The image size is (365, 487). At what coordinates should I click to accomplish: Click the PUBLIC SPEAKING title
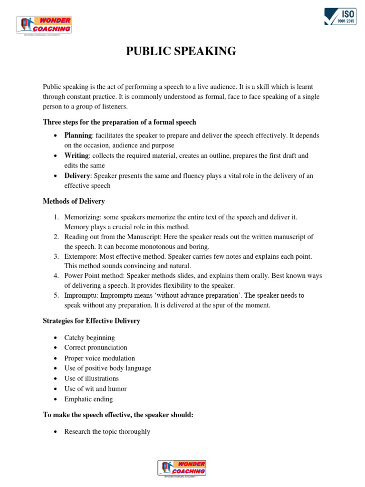pyautogui.click(x=181, y=51)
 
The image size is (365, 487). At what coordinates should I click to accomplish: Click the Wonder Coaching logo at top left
pyautogui.click(x=44, y=25)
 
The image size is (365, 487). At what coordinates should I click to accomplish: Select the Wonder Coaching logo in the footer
pyautogui.click(x=182, y=468)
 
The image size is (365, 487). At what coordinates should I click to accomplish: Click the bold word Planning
pyautogui.click(x=77, y=136)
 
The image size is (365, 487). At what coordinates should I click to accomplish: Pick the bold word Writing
pyautogui.click(x=76, y=156)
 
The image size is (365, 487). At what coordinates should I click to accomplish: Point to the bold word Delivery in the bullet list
pyautogui.click(x=77, y=176)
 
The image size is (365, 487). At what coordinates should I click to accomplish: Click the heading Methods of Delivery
pyautogui.click(x=74, y=201)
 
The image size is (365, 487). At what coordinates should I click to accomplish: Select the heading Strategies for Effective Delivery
pyautogui.click(x=91, y=321)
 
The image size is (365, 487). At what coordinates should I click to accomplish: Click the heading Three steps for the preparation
pyautogui.click(x=119, y=122)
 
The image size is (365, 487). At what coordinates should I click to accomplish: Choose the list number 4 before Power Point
pyautogui.click(x=56, y=276)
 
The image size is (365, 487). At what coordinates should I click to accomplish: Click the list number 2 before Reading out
pyautogui.click(x=56, y=237)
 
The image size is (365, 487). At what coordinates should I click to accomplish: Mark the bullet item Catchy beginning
pyautogui.click(x=89, y=338)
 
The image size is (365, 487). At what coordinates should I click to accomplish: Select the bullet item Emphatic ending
pyautogui.click(x=88, y=399)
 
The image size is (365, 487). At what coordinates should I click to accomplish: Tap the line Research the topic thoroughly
pyautogui.click(x=107, y=432)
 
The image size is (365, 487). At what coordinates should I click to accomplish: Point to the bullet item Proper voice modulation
pyautogui.click(x=99, y=358)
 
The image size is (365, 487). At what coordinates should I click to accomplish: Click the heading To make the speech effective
pyautogui.click(x=118, y=415)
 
